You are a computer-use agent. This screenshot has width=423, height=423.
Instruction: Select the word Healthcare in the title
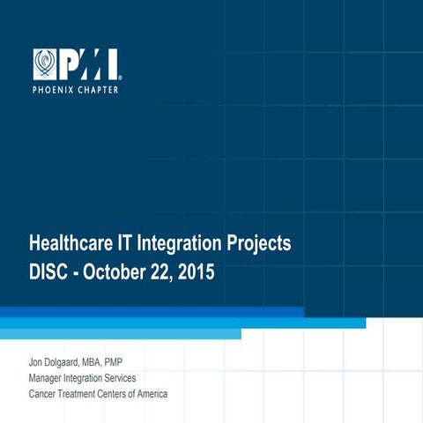[x=74, y=241]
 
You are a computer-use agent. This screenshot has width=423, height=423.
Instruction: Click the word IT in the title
[x=131, y=241]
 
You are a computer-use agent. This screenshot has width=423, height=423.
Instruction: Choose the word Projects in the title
[x=260, y=241]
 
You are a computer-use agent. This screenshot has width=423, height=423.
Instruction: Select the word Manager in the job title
[x=48, y=378]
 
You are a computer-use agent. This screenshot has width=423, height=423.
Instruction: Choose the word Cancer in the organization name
[x=44, y=393]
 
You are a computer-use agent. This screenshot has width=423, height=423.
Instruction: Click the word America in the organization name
[x=149, y=393]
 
